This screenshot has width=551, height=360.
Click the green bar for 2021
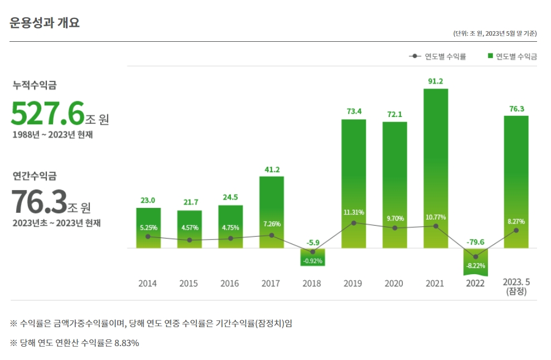(x=435, y=167)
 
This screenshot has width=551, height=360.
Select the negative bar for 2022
(x=476, y=261)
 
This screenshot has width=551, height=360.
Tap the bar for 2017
(x=271, y=212)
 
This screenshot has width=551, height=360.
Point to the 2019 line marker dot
(x=353, y=223)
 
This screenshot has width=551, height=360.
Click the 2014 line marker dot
(x=148, y=236)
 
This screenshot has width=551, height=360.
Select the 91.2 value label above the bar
(x=435, y=81)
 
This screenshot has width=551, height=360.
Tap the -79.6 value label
(x=476, y=242)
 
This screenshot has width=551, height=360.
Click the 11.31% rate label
(x=353, y=212)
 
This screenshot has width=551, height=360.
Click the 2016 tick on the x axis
(x=230, y=284)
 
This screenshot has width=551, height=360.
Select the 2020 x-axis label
(x=394, y=284)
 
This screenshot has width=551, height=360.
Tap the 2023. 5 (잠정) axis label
(x=516, y=286)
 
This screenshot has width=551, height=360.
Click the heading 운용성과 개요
(x=45, y=23)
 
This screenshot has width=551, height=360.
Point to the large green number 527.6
(x=47, y=114)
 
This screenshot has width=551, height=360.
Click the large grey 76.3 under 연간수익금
(x=39, y=202)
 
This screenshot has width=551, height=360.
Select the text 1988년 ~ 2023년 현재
(x=52, y=135)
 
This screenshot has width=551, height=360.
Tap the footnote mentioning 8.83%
(x=74, y=343)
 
